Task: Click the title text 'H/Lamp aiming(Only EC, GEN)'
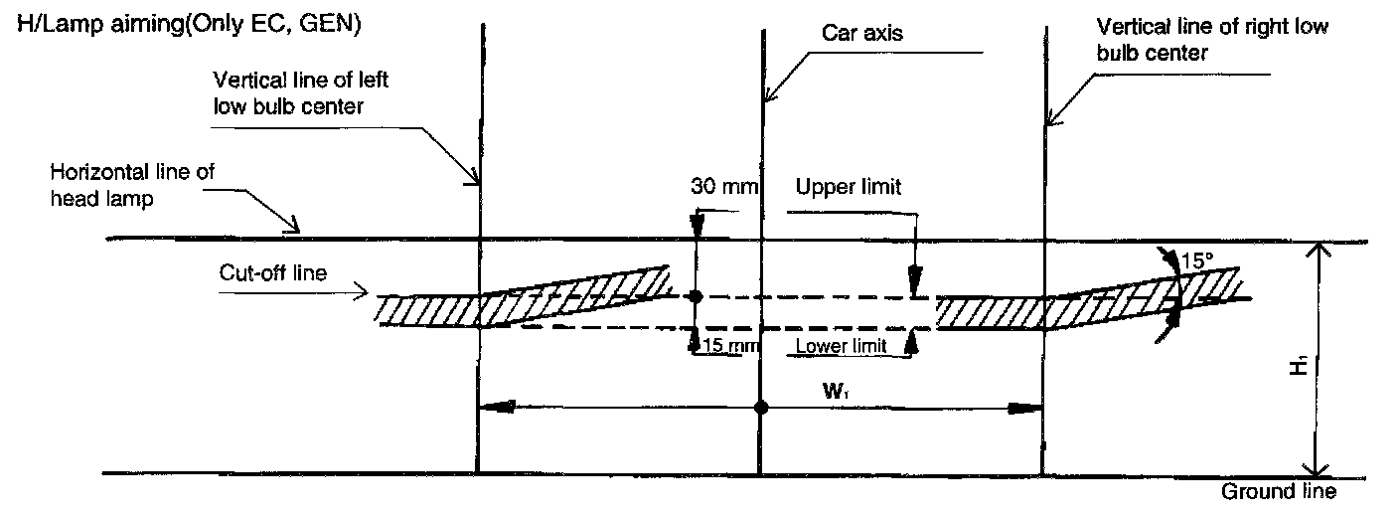click(x=188, y=23)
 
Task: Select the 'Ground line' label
click(x=1279, y=491)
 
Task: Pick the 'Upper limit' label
click(x=848, y=186)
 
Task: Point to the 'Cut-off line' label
click(x=273, y=272)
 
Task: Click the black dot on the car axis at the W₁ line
click(x=762, y=407)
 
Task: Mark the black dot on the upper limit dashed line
click(x=696, y=296)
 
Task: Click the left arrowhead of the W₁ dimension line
click(x=497, y=407)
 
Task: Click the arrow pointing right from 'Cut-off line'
click(x=358, y=293)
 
